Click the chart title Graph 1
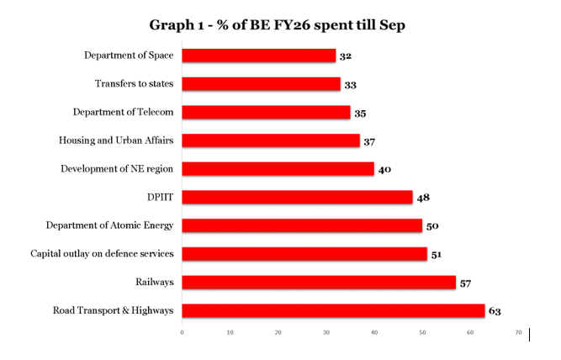pos(278,25)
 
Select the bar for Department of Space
pos(259,56)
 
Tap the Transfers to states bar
pos(262,84)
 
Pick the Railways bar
pos(319,282)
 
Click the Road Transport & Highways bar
pos(333,310)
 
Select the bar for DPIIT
pos(297,197)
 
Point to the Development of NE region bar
pos(278,169)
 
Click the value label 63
pos(495,311)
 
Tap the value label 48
pos(423,198)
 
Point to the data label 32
pos(346,56)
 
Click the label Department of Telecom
pos(123,112)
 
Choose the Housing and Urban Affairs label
pos(115,140)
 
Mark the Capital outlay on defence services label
pos(102,253)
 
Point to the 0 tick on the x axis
pos(183,333)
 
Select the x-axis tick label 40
pos(374,333)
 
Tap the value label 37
pos(369,141)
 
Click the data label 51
pos(437,254)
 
